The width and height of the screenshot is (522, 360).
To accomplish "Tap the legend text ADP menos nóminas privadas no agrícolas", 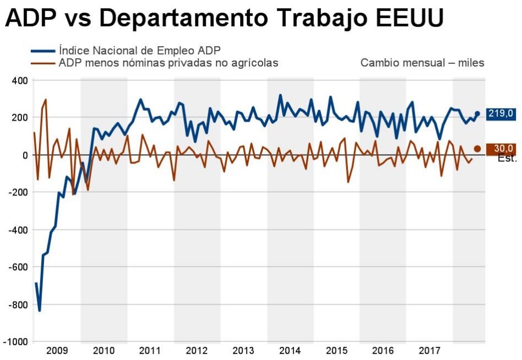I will pyautogui.click(x=168, y=63).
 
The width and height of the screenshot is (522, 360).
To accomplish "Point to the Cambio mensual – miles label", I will pyautogui.click(x=422, y=63).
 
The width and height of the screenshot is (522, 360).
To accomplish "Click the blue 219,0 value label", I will pyautogui.click(x=501, y=114).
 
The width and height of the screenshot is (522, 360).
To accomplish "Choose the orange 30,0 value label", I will pyautogui.click(x=501, y=149).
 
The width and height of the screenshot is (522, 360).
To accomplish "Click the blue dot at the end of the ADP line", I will pyautogui.click(x=477, y=114).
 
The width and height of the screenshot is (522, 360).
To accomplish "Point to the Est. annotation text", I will pyautogui.click(x=507, y=159).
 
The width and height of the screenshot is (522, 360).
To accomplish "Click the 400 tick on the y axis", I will pyautogui.click(x=20, y=80).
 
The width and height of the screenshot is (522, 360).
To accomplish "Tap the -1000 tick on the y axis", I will pyautogui.click(x=17, y=342).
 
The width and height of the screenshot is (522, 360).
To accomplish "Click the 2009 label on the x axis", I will pyautogui.click(x=57, y=351).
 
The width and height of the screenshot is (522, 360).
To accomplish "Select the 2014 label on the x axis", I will pyautogui.click(x=290, y=351).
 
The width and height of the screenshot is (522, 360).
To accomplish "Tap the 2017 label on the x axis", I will pyautogui.click(x=429, y=351).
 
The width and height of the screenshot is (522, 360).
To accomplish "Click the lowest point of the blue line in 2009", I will pyautogui.click(x=40, y=310).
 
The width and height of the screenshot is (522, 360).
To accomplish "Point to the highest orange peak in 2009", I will pyautogui.click(x=45, y=100).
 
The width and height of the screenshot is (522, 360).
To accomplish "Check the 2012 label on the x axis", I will pyautogui.click(x=197, y=351).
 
